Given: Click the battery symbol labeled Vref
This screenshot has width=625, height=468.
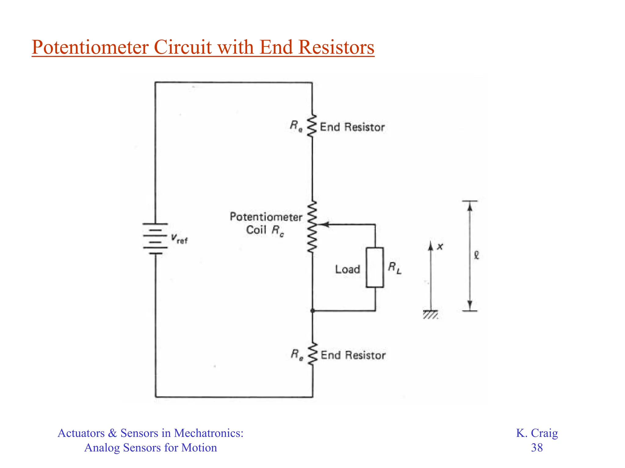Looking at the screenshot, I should coord(155,239).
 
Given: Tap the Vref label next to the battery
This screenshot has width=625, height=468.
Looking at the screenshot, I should coord(179,238).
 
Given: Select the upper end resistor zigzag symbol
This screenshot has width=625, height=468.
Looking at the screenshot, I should coord(312,126).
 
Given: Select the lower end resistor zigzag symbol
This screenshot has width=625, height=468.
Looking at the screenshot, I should coord(312,354).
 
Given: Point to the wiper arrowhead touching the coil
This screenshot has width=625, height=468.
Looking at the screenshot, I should coord(325,225).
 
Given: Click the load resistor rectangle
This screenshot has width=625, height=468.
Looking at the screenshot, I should coord(375,268).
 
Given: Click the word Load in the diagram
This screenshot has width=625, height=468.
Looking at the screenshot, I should coord(348,269).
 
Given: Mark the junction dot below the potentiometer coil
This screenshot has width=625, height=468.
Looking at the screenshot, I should coord(312,311).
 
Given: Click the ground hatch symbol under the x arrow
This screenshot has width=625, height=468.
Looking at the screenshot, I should coord(431,315).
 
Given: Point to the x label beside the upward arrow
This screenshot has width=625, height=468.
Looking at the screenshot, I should coord(440,247).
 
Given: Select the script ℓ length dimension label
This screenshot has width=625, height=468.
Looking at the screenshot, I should coord(477,255).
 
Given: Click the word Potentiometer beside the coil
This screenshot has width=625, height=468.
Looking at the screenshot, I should coord(266,217).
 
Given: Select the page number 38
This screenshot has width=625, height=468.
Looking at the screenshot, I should coord(537,448).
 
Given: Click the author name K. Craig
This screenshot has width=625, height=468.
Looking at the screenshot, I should coord(537,433).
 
